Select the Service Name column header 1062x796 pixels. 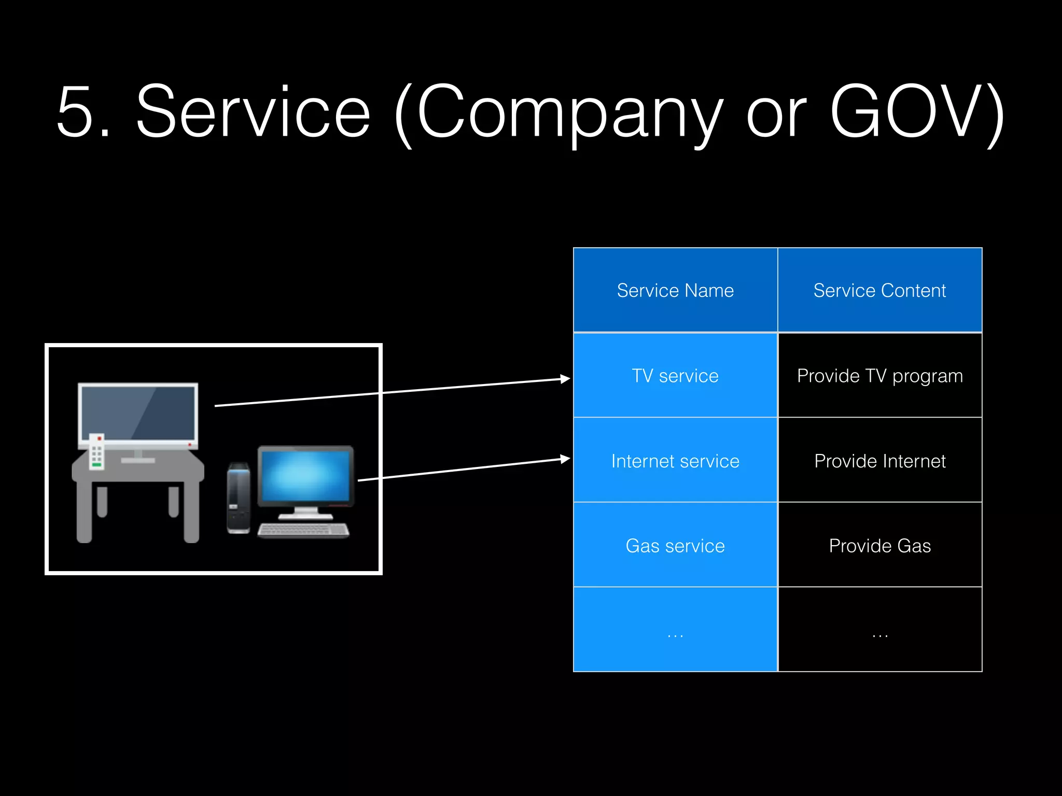[675, 290]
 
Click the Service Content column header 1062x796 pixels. [879, 290]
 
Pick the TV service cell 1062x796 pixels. [675, 376]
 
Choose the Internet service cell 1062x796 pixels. [675, 461]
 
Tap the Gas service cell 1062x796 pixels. [675, 546]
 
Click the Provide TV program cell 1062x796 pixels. [879, 376]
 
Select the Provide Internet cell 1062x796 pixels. [879, 461]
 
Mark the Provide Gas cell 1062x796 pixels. [879, 546]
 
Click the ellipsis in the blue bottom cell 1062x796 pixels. [675, 635]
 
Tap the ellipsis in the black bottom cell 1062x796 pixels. [879, 635]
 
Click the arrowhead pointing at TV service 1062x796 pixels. [565, 379]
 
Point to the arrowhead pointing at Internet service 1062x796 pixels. [565, 459]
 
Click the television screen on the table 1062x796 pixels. [137, 413]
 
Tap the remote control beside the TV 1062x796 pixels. [97, 451]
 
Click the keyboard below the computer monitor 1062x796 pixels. [303, 530]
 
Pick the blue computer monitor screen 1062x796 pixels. [305, 475]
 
